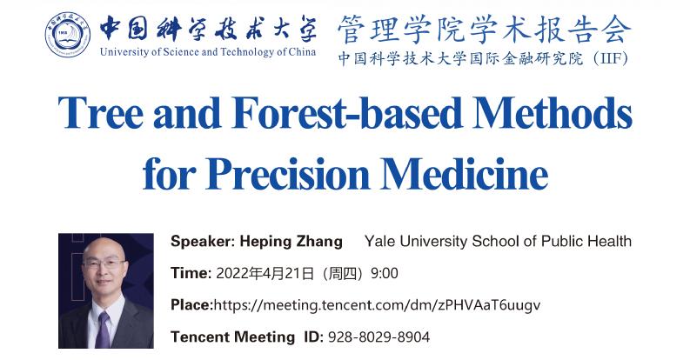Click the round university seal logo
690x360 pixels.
pyautogui.click(x=68, y=35)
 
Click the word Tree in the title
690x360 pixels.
pyautogui.click(x=101, y=112)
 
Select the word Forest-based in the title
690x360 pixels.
pyautogui.click(x=347, y=112)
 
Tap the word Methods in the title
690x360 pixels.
pyautogui.click(x=553, y=112)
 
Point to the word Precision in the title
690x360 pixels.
pyautogui.click(x=288, y=174)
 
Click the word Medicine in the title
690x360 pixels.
pyautogui.click(x=465, y=174)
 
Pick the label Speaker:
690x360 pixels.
pyautogui.click(x=203, y=242)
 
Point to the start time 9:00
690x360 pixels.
pyautogui.click(x=385, y=273)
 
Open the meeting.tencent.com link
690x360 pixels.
pyautogui.click(x=377, y=305)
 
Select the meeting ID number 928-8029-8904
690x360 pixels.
pyautogui.click(x=378, y=337)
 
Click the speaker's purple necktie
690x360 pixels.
pyautogui.click(x=103, y=330)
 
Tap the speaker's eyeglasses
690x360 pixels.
pyautogui.click(x=104, y=264)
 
